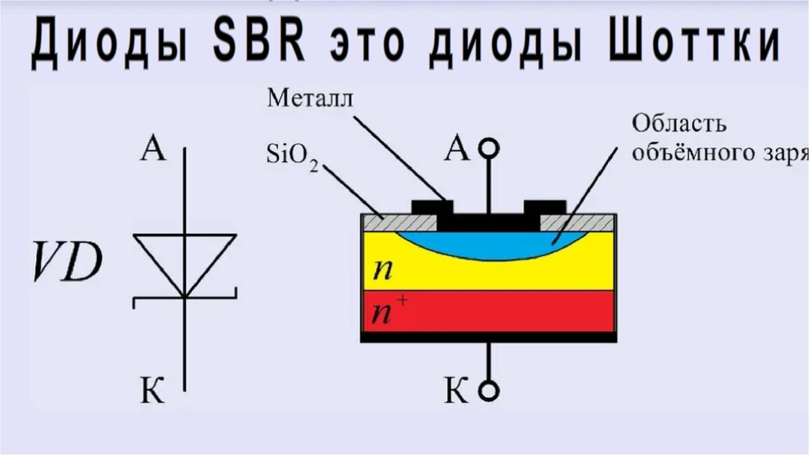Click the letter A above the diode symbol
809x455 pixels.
coord(153,150)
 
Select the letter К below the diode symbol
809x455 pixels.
coord(153,392)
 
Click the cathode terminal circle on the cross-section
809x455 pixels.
coord(490,390)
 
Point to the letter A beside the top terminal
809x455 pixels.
coord(458,150)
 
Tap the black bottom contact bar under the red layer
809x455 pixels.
coord(489,337)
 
